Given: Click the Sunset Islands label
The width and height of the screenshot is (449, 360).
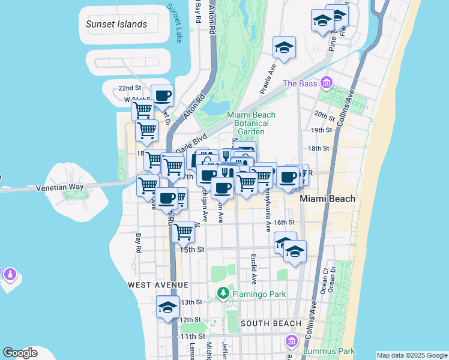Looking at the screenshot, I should (x=116, y=25).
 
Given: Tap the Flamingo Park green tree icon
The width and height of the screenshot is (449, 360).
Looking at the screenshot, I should (x=223, y=293).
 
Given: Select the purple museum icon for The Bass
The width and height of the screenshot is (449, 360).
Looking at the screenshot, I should (x=327, y=83).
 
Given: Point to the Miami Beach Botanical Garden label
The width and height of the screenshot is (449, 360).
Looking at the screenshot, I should (x=251, y=123).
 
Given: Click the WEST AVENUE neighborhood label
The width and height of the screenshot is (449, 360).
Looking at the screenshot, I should (x=157, y=284).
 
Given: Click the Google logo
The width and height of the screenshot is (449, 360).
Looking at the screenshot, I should (x=20, y=353).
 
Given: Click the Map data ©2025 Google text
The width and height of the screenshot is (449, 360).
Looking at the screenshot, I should (x=411, y=355).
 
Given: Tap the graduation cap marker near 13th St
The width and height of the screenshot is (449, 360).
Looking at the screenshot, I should (x=167, y=307).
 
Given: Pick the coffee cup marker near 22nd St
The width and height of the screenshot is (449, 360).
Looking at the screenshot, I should (x=162, y=95).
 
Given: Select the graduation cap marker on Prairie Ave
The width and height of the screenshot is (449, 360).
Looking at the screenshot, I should (x=284, y=47).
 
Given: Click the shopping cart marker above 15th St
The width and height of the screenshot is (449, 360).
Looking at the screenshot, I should (x=184, y=231).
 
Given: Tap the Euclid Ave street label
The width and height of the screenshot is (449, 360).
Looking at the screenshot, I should (x=254, y=268).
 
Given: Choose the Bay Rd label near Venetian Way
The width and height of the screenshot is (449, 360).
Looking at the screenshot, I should (x=139, y=243).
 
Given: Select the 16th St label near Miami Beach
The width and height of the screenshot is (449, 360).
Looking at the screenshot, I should (x=284, y=222).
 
